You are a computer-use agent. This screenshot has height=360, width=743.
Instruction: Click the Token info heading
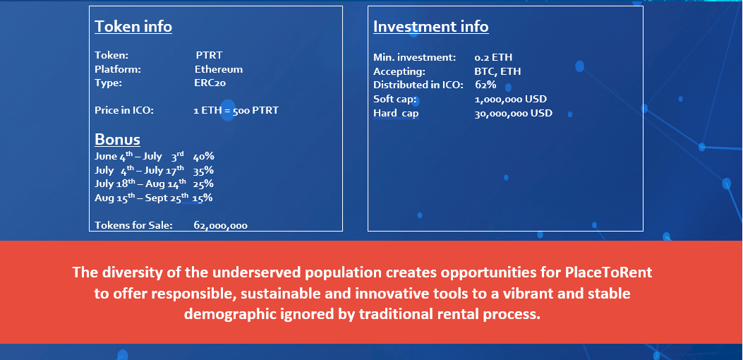point(133,27)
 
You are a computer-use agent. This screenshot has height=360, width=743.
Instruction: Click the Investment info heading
point(430,27)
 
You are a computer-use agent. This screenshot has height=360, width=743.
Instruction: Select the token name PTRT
point(209,55)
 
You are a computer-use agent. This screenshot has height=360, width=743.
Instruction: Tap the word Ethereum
point(219,69)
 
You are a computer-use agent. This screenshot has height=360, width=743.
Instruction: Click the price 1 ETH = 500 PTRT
point(236,111)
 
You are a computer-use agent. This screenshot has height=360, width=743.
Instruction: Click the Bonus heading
point(118,140)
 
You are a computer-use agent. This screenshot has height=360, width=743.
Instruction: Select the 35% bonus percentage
point(203,170)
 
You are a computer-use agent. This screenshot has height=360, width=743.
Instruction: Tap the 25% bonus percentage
point(203,184)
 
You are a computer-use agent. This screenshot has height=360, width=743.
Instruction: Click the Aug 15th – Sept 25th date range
point(141,198)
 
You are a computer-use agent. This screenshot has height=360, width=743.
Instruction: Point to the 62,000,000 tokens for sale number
point(220,226)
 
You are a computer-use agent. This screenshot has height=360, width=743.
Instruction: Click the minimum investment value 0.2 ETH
point(493,58)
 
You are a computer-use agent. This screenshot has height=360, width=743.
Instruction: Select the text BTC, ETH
point(497,71)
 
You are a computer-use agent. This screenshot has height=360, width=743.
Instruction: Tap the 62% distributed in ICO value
point(485,85)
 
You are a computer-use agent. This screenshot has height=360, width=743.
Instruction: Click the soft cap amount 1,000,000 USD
point(511,100)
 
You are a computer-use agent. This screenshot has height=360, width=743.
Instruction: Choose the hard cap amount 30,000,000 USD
point(514,114)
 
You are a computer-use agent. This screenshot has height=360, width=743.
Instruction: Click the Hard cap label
point(396,114)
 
